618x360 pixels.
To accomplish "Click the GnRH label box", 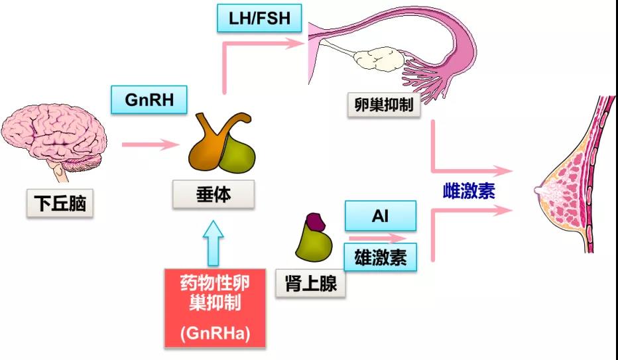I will [x=150, y=100].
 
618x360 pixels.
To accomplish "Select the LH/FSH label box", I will [x=259, y=18].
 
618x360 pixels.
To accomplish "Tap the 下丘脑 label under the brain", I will [x=60, y=204].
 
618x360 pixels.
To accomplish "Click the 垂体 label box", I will [x=214, y=196].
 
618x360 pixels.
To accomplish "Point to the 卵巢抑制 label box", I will [x=383, y=105].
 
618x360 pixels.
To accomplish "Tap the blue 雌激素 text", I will [x=469, y=191].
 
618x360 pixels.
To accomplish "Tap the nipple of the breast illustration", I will [x=539, y=190].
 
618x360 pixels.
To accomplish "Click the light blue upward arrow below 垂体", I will [x=216, y=243].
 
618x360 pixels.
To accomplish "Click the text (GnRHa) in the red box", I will [x=216, y=333].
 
